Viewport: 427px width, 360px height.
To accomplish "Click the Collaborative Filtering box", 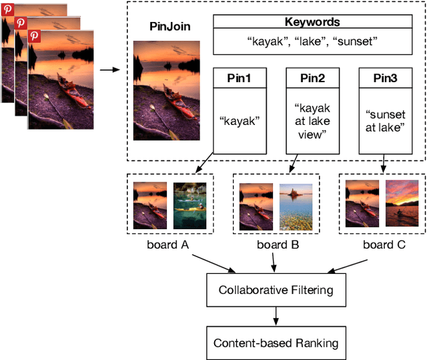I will tap(276, 290).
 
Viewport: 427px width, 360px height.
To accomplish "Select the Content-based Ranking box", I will tap(276, 343).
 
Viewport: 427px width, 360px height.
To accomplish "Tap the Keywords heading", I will tap(312, 22).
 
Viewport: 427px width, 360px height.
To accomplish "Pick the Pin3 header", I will tap(384, 79).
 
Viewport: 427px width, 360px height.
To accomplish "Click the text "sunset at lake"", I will tap(384, 121).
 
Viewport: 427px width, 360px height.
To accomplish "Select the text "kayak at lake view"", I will tap(311, 121).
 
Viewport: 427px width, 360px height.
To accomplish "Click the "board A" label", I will tap(167, 245).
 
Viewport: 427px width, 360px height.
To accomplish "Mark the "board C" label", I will tap(384, 245).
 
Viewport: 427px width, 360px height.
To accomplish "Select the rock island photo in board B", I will tap(296, 206).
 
